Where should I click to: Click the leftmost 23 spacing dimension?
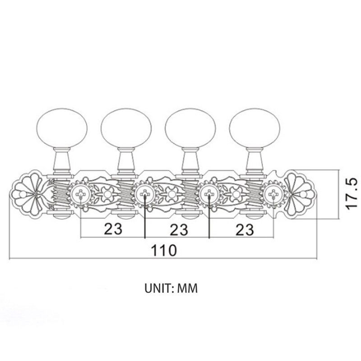point(113,229)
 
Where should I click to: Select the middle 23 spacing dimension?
point(179,229)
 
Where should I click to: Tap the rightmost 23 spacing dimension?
point(244,229)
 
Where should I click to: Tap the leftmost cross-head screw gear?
point(80,194)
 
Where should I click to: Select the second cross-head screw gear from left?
point(145,194)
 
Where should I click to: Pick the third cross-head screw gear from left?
point(209,194)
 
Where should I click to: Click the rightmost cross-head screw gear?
point(273,194)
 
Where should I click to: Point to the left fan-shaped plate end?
point(27,194)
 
